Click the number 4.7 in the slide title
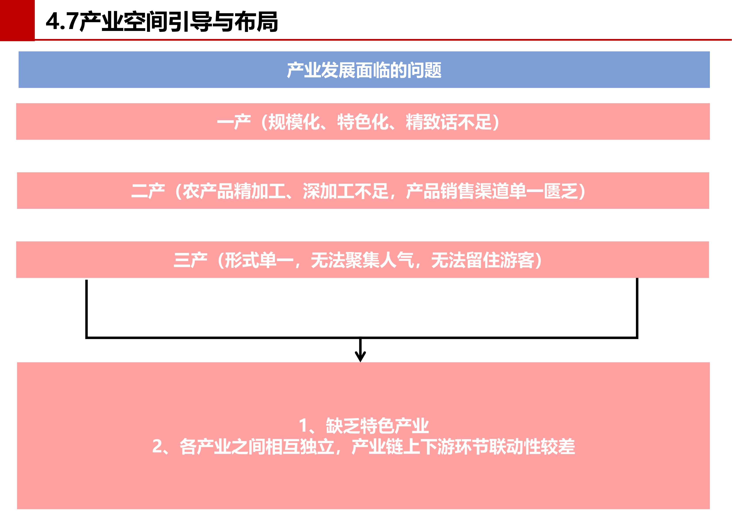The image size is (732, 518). tap(62, 22)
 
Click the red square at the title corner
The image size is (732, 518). tap(17, 20)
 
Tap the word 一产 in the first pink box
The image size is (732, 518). tap(234, 122)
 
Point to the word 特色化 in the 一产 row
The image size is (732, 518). tap(363, 122)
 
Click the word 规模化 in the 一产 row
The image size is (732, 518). tap(294, 122)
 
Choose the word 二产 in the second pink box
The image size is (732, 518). tap(148, 191)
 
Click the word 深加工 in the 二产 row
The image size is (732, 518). tap(328, 191)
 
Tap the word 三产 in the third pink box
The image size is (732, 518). tap(191, 260)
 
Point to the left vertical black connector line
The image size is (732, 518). tap(86, 309)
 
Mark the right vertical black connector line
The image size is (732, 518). tap(637, 308)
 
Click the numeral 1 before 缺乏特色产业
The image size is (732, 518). tap(303, 426)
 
